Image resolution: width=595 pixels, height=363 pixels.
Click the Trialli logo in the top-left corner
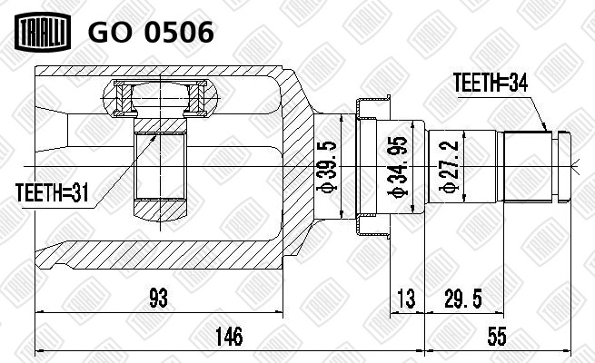[x=43, y=31]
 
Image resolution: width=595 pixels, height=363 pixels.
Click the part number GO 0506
[x=151, y=32]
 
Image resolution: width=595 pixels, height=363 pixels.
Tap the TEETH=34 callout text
[x=491, y=83]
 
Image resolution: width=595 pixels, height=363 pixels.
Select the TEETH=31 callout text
[x=52, y=192]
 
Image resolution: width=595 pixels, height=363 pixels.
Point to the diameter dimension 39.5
[x=326, y=167]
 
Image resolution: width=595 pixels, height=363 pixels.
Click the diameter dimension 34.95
[x=398, y=167]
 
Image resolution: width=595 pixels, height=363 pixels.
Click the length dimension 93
[x=158, y=298]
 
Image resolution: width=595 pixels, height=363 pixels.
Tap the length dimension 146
[x=229, y=336]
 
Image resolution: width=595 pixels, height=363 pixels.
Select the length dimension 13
[x=407, y=298]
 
